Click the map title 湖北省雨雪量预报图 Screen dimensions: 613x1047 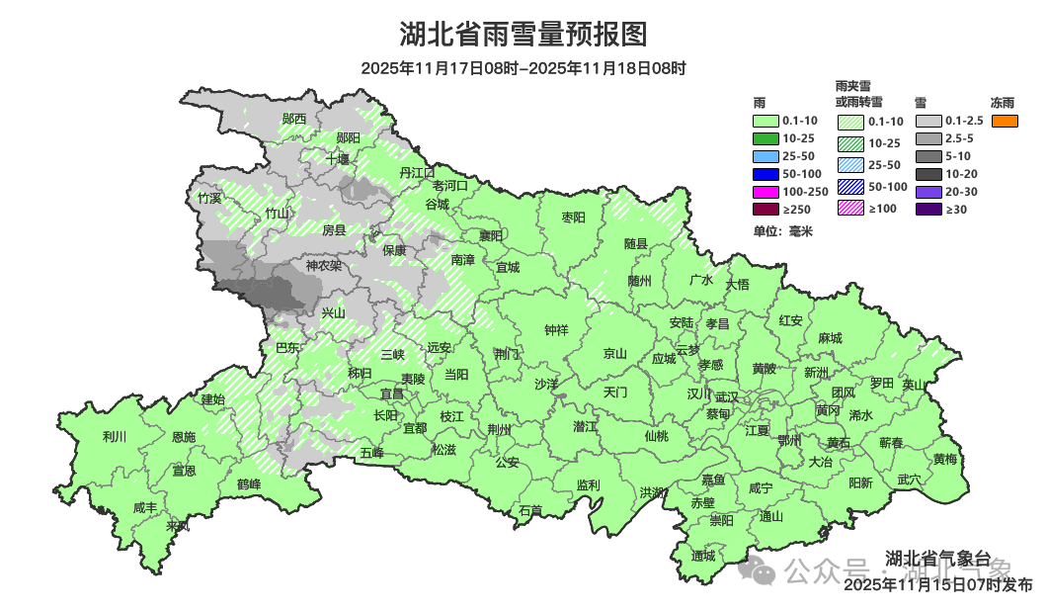523,35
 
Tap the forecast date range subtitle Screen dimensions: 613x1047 523,68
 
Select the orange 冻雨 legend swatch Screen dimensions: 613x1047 1004,121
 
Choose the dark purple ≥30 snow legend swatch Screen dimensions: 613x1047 928,209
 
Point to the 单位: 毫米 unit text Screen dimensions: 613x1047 782,231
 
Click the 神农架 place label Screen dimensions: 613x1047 323,265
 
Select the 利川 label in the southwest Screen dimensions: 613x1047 115,436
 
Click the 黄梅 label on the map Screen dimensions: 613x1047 945,459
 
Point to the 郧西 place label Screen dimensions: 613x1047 293,119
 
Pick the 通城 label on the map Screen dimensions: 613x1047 703,556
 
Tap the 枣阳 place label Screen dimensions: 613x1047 573,217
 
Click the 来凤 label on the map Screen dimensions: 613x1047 178,526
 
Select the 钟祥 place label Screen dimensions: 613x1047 557,330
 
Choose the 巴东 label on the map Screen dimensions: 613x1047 287,347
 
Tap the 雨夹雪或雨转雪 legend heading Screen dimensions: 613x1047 858,94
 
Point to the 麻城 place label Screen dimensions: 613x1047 830,338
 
